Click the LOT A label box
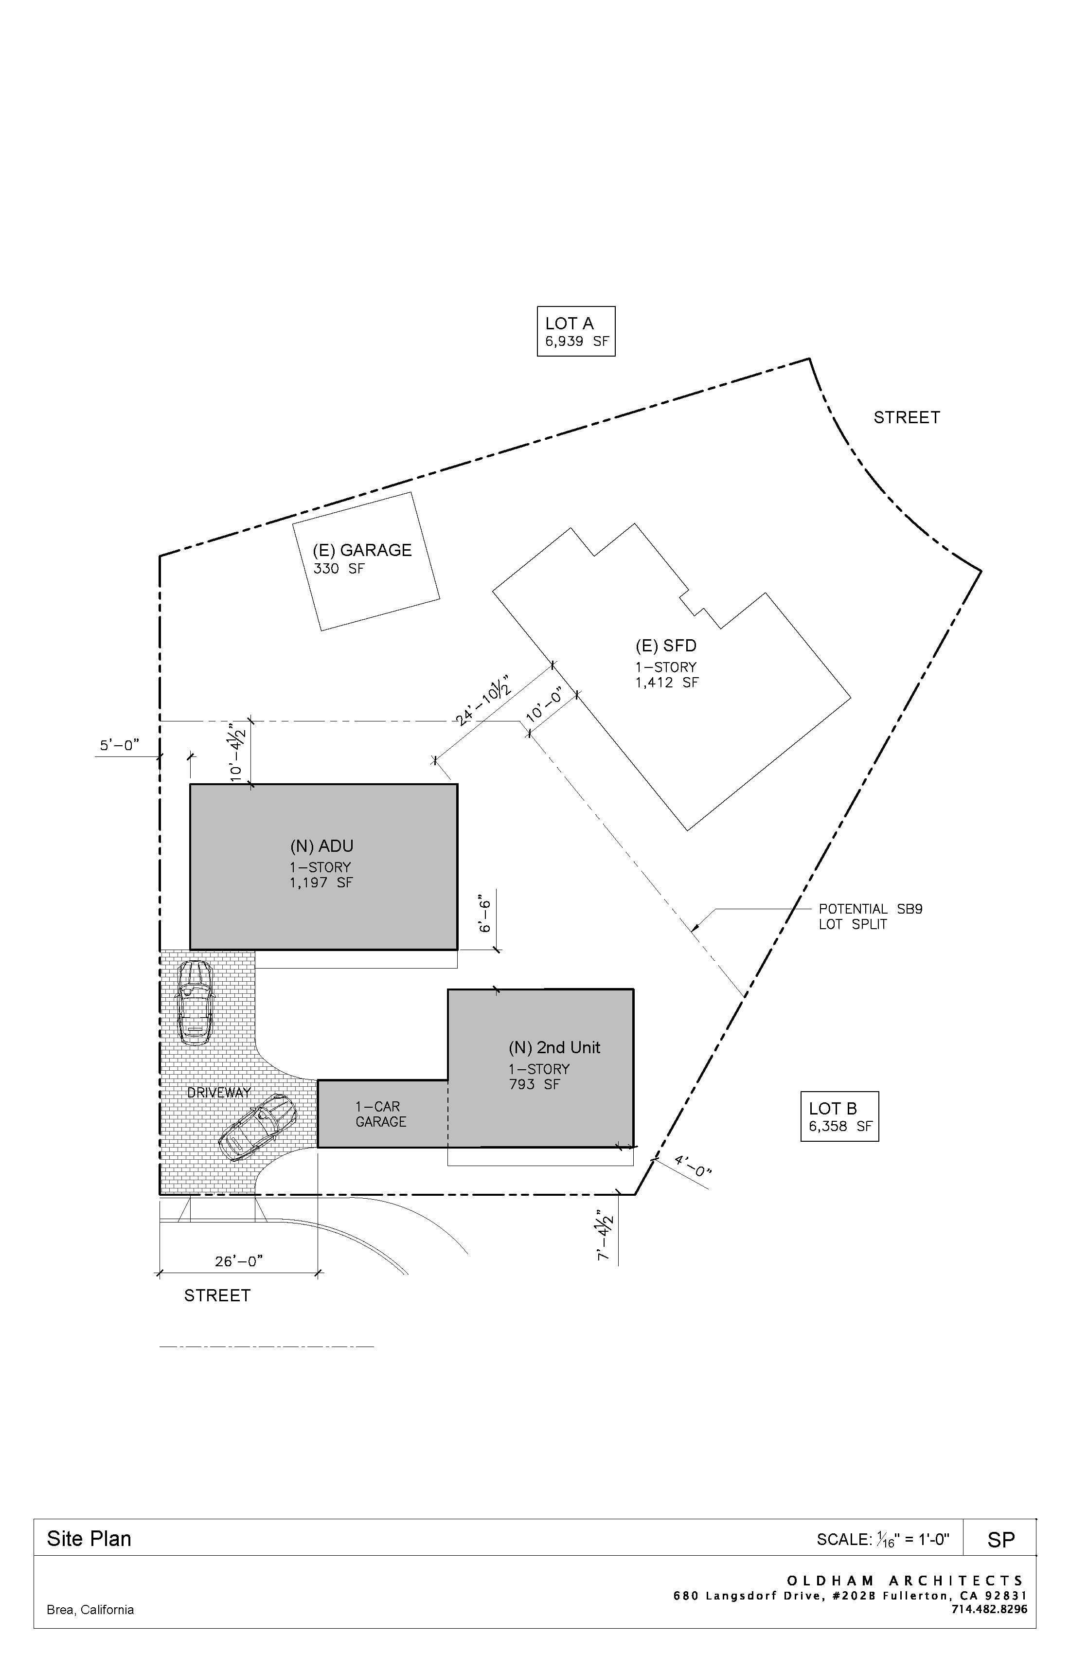575,331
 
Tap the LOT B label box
839,1116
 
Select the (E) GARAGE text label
361,550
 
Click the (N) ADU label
321,846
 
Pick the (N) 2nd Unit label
554,1047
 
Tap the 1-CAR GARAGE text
380,1114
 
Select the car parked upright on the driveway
195,1002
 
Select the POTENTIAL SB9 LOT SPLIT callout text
870,917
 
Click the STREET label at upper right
906,418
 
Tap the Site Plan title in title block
89,1539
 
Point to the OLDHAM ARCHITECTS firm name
905,1581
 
